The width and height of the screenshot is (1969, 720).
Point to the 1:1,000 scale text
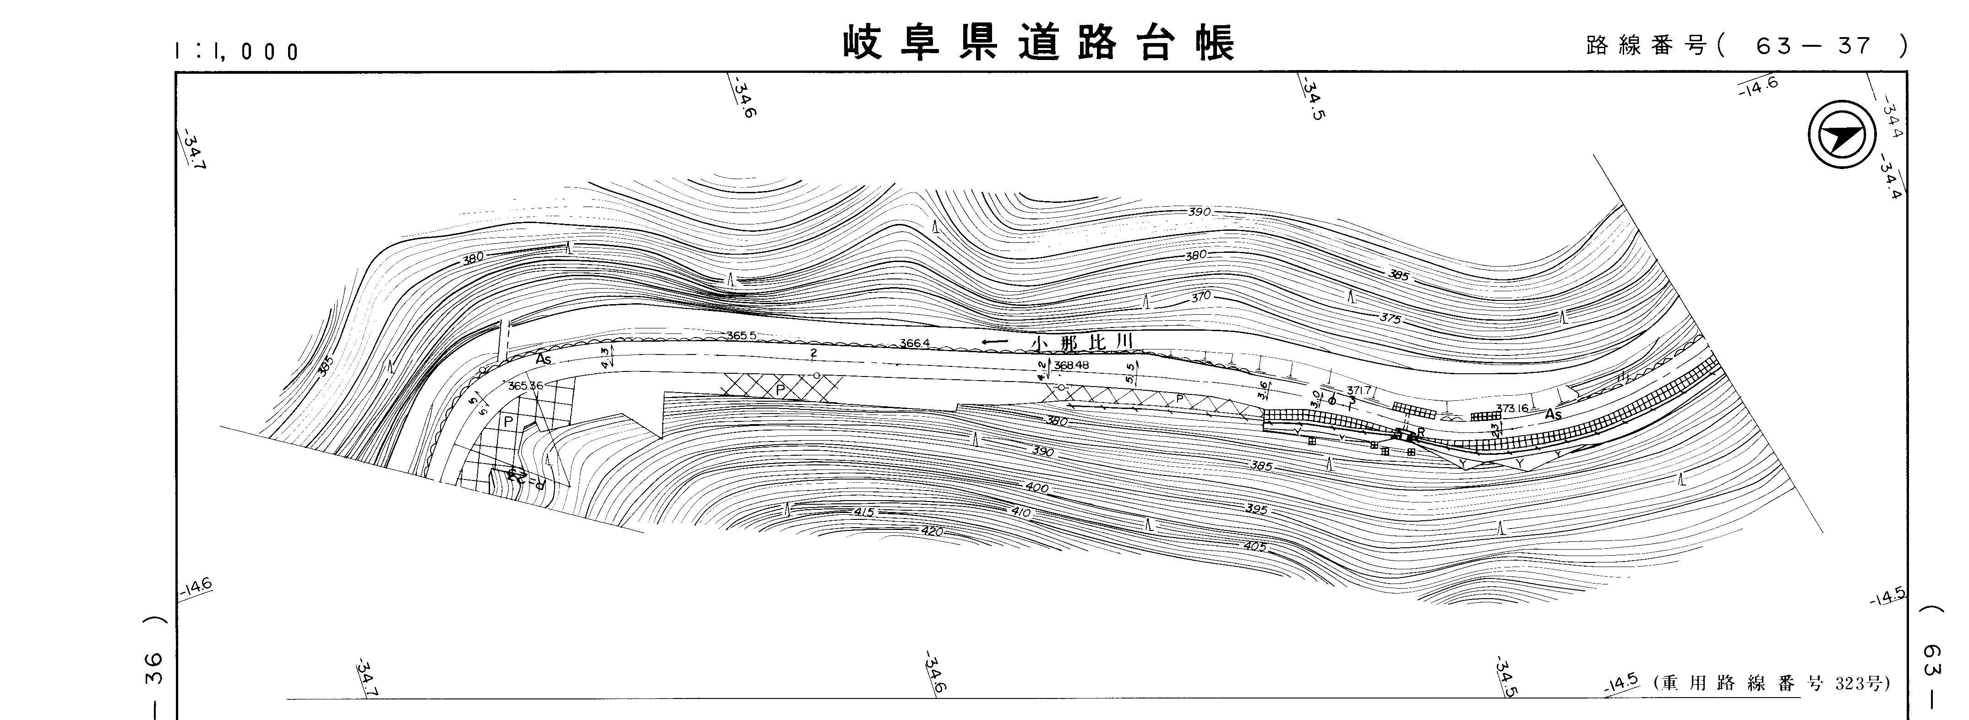(x=236, y=51)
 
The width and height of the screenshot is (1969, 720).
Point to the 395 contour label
(x=1256, y=509)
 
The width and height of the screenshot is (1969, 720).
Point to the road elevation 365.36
(x=525, y=386)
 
